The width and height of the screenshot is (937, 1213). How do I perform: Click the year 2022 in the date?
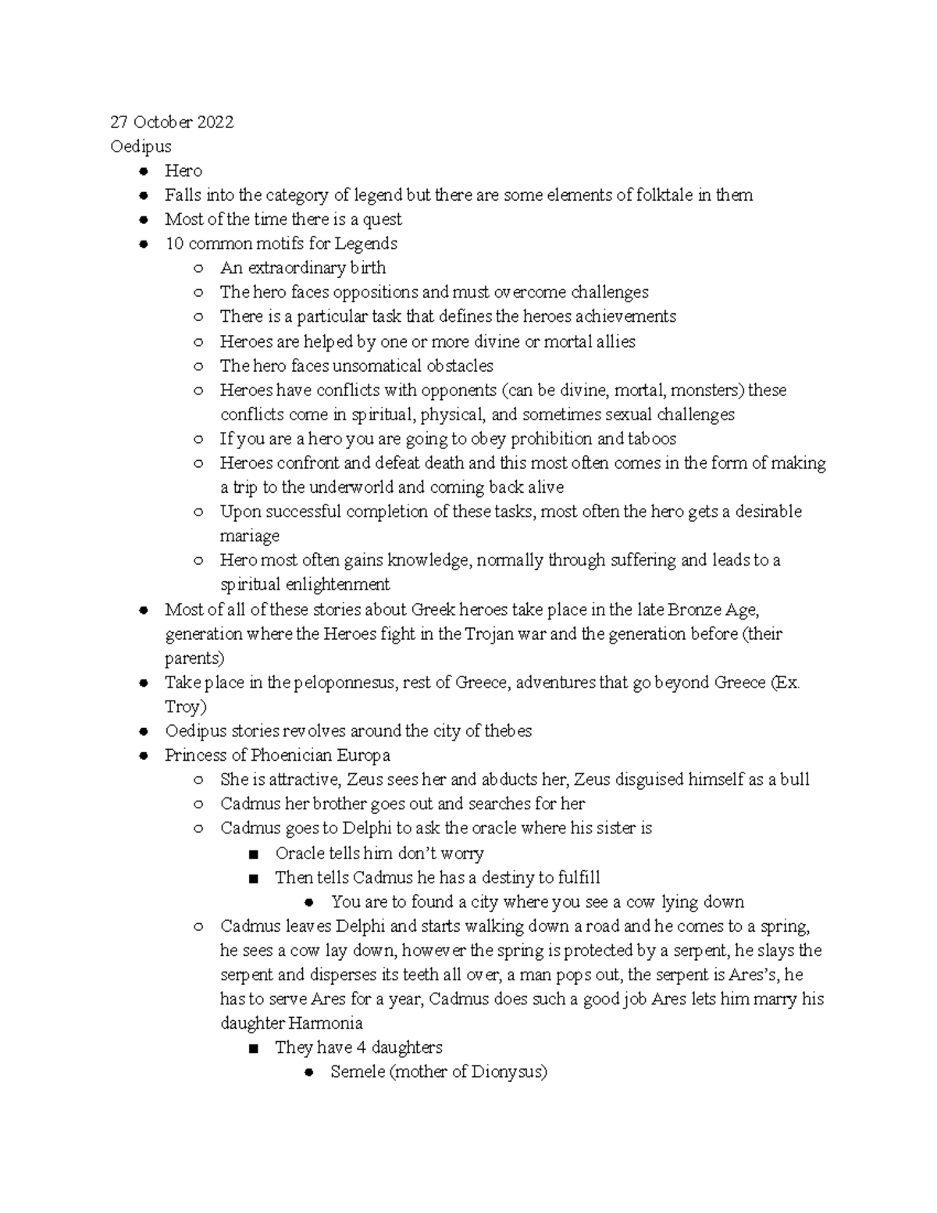pyautogui.click(x=215, y=122)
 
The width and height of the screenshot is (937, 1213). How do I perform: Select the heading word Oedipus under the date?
pyautogui.click(x=141, y=146)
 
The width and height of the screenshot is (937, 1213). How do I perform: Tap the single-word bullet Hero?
pyautogui.click(x=183, y=170)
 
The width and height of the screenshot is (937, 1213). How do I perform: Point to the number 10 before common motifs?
pyautogui.click(x=174, y=243)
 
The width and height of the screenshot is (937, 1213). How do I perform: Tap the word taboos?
pyautogui.click(x=652, y=438)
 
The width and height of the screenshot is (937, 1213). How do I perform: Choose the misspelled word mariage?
pyautogui.click(x=250, y=536)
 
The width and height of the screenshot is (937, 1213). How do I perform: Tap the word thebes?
pyautogui.click(x=508, y=731)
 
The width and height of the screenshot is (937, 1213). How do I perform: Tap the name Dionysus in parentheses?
pyautogui.click(x=508, y=1072)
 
